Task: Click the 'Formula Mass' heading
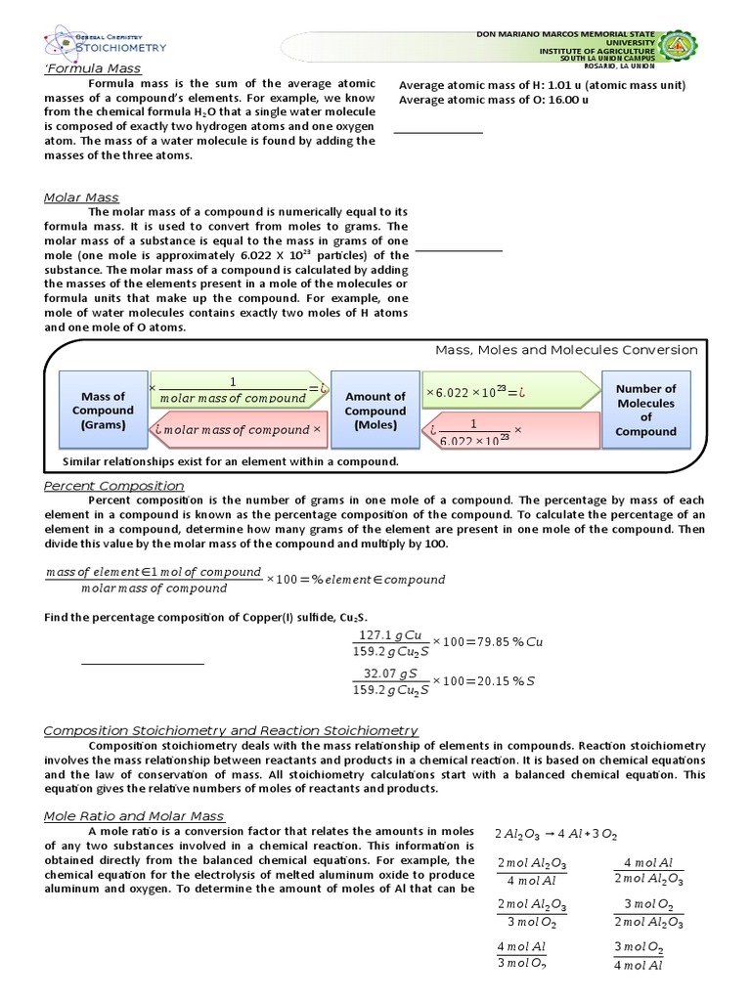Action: pos(93,68)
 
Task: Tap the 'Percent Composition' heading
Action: pos(114,486)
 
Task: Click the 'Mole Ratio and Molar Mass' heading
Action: pos(134,815)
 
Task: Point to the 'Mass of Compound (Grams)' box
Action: pos(103,411)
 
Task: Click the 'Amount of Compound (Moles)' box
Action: pos(375,411)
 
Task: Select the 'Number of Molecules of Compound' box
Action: pos(645,410)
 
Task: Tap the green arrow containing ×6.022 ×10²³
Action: pos(507,392)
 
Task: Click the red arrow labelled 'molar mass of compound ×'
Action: pos(237,430)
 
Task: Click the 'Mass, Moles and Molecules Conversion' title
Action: pos(566,349)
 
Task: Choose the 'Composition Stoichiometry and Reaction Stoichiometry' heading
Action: pos(231,730)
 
